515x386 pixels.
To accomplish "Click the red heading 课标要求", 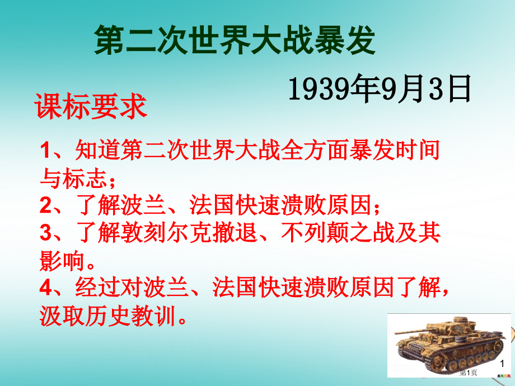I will [x=91, y=106].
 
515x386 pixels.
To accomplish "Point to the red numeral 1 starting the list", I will [x=46, y=152].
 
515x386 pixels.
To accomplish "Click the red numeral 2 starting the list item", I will [x=46, y=206].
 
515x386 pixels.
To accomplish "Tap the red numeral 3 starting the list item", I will [x=46, y=234].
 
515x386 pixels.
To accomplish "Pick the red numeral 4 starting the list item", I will [x=46, y=289].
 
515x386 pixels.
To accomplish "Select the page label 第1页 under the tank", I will [x=469, y=372].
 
